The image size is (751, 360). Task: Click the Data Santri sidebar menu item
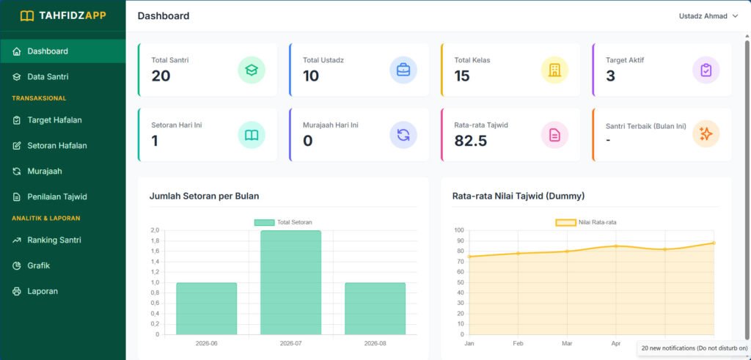pyautogui.click(x=48, y=76)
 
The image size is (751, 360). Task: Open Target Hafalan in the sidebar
pyautogui.click(x=54, y=120)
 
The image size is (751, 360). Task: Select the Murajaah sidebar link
pyautogui.click(x=45, y=171)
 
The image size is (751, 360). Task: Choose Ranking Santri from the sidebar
pyautogui.click(x=54, y=240)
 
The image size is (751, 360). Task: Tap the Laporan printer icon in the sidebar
pyautogui.click(x=17, y=291)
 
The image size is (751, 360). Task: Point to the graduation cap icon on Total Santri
pyautogui.click(x=252, y=70)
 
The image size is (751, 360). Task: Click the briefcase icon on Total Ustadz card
pyautogui.click(x=403, y=70)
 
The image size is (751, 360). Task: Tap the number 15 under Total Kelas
pyautogui.click(x=462, y=76)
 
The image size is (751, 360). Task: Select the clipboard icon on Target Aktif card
pyautogui.click(x=706, y=70)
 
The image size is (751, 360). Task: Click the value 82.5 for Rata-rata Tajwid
pyautogui.click(x=471, y=141)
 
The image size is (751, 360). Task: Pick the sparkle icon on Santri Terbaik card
pyautogui.click(x=706, y=134)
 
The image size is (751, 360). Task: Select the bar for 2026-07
pyautogui.click(x=290, y=282)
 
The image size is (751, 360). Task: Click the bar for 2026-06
pyautogui.click(x=206, y=309)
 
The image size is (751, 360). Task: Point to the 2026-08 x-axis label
pyautogui.click(x=375, y=343)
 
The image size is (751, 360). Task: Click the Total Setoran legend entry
pyautogui.click(x=283, y=222)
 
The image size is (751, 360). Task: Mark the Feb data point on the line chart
pyautogui.click(x=518, y=253)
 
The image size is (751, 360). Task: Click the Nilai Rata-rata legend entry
pyautogui.click(x=589, y=222)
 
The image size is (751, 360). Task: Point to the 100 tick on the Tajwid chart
pyautogui.click(x=459, y=230)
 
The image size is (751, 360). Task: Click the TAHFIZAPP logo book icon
pyautogui.click(x=27, y=16)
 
